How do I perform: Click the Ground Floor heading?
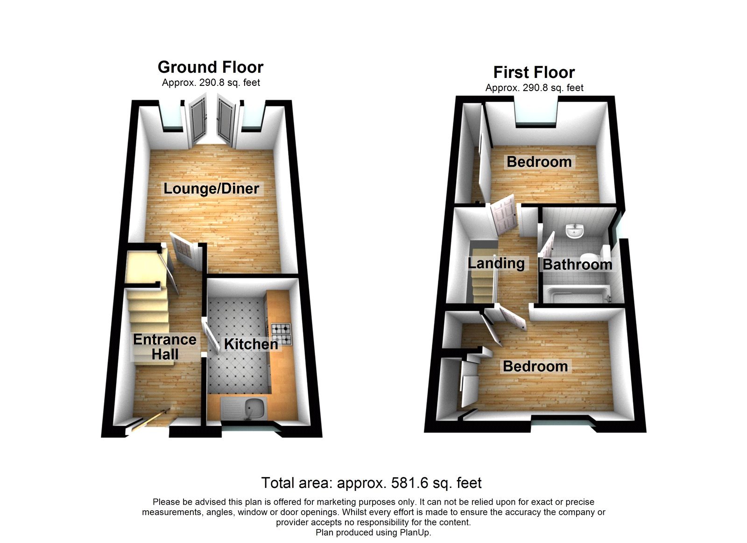click(x=211, y=67)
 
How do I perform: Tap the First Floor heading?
click(x=534, y=72)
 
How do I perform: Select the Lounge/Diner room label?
click(x=211, y=189)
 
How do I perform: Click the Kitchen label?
click(x=251, y=344)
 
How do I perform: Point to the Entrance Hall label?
click(x=165, y=346)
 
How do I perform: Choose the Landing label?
click(x=496, y=263)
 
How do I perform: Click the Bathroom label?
click(x=577, y=265)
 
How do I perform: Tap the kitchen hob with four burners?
click(x=282, y=334)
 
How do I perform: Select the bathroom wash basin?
click(x=575, y=231)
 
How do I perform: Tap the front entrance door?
click(x=148, y=422)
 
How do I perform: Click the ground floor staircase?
click(x=148, y=313)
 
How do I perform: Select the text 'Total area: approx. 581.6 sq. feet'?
click(x=371, y=483)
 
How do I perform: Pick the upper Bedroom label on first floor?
click(x=539, y=162)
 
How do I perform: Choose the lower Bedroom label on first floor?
click(x=535, y=367)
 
